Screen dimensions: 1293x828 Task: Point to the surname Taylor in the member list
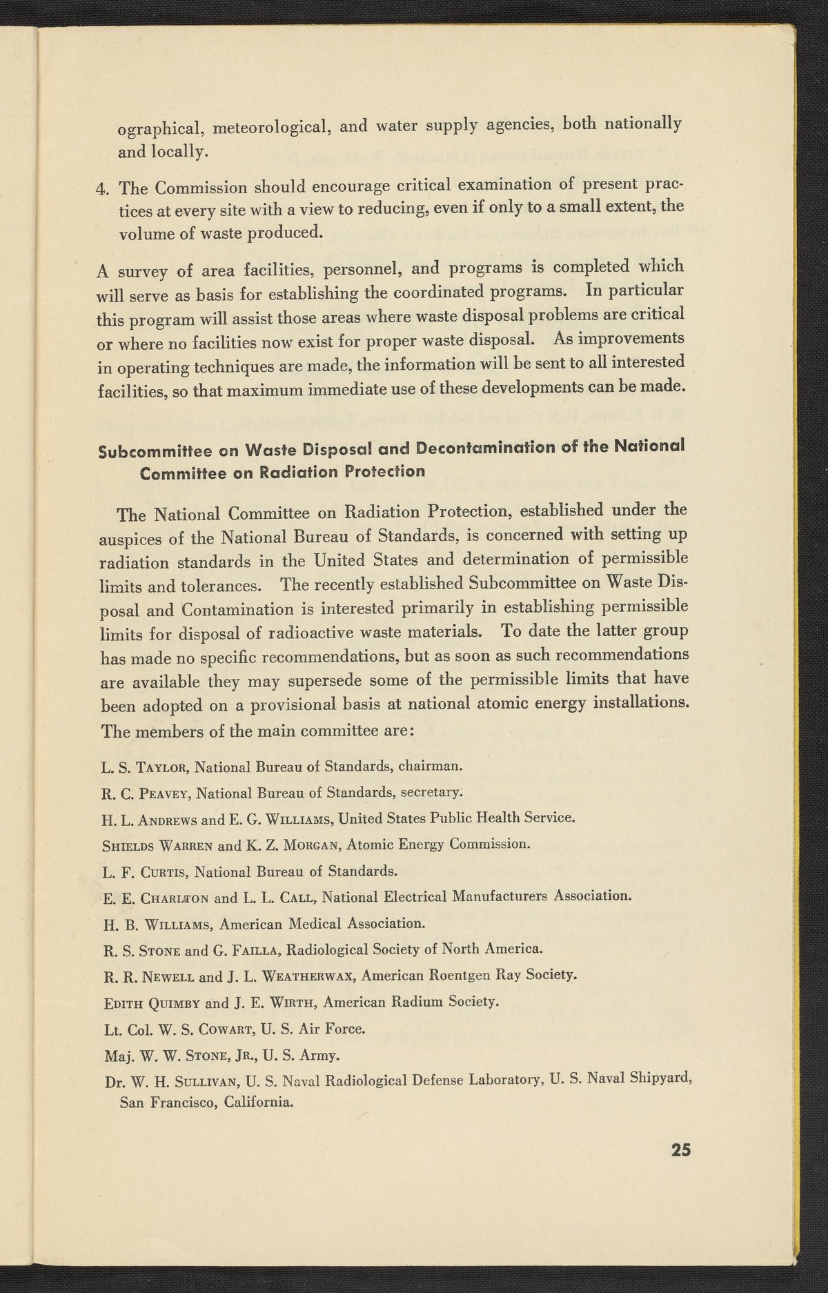(x=161, y=767)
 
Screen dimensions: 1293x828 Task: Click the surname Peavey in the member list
(x=163, y=792)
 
